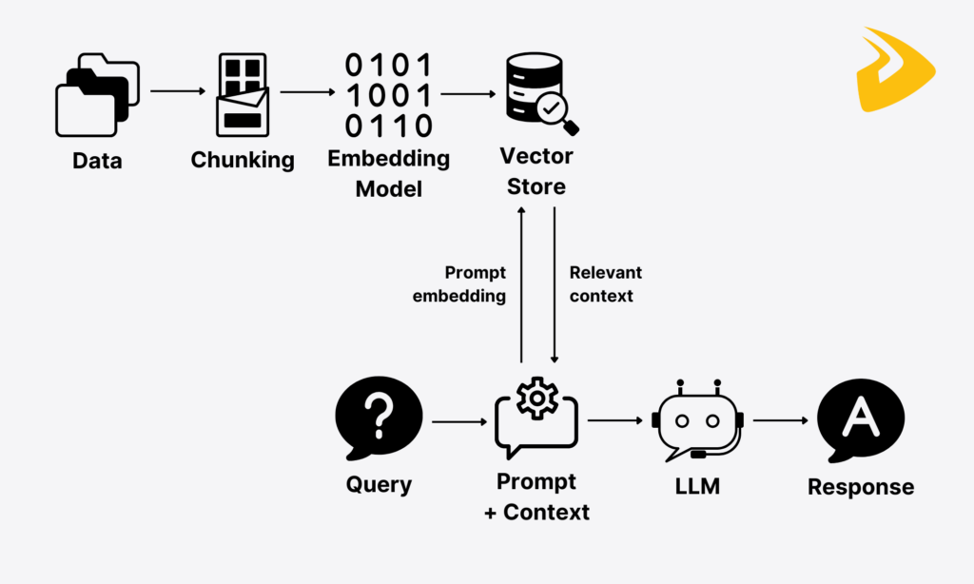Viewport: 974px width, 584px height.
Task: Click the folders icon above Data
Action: pyautogui.click(x=97, y=95)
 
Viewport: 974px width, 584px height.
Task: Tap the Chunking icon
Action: pyautogui.click(x=243, y=92)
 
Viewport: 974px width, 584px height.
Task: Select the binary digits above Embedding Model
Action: pyautogui.click(x=388, y=95)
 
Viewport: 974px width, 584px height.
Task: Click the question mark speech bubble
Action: pyautogui.click(x=379, y=418)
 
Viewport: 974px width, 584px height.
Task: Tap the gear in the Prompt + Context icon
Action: pyautogui.click(x=536, y=397)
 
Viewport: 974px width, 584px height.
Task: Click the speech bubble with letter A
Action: pyautogui.click(x=861, y=418)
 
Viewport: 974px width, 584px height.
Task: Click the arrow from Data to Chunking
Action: pyautogui.click(x=178, y=91)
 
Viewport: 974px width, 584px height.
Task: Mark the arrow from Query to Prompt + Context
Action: pyautogui.click(x=458, y=420)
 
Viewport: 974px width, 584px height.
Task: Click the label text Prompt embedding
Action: pyautogui.click(x=459, y=284)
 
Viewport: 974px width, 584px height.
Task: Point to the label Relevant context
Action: pyautogui.click(x=605, y=284)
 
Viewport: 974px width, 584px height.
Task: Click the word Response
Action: pyautogui.click(x=861, y=487)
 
